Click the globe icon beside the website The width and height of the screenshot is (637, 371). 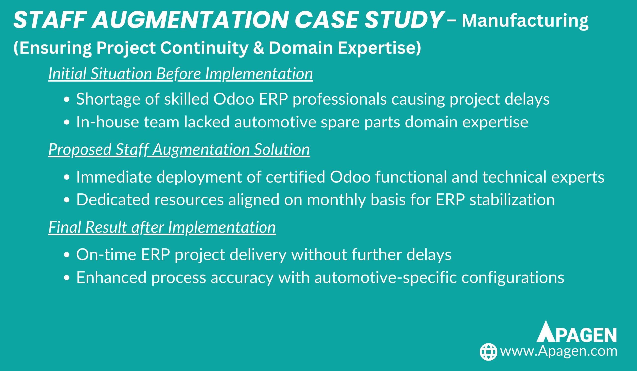click(x=489, y=352)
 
